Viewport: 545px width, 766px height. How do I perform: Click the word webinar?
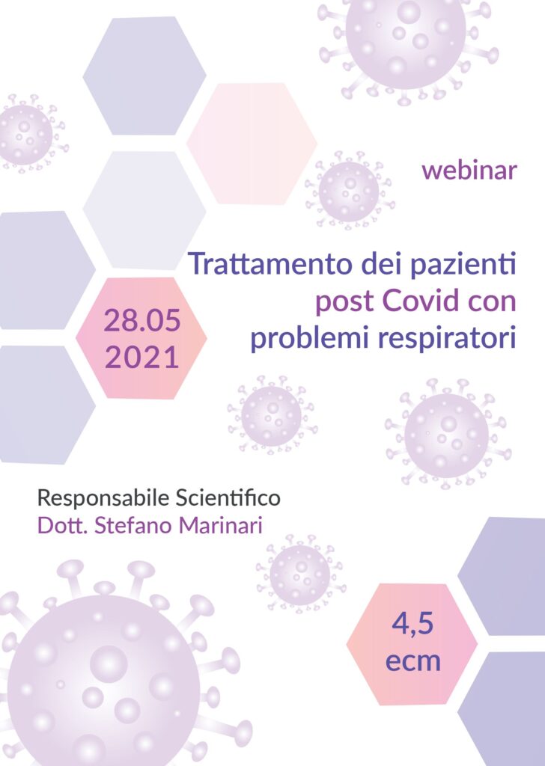point(469,170)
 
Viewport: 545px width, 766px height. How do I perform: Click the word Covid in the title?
point(421,301)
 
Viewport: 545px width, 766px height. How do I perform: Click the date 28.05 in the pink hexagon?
point(141,321)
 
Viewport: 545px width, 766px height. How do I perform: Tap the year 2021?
point(141,357)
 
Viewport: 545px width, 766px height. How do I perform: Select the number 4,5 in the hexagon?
point(412,625)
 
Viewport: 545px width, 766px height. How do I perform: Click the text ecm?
point(412,661)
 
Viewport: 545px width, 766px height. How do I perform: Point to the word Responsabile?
point(103,498)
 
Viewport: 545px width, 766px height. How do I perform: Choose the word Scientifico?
point(228,497)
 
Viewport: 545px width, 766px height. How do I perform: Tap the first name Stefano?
point(133,526)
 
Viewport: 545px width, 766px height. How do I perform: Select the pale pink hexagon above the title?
point(252,144)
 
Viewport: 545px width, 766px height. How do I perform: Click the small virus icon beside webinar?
point(350,190)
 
